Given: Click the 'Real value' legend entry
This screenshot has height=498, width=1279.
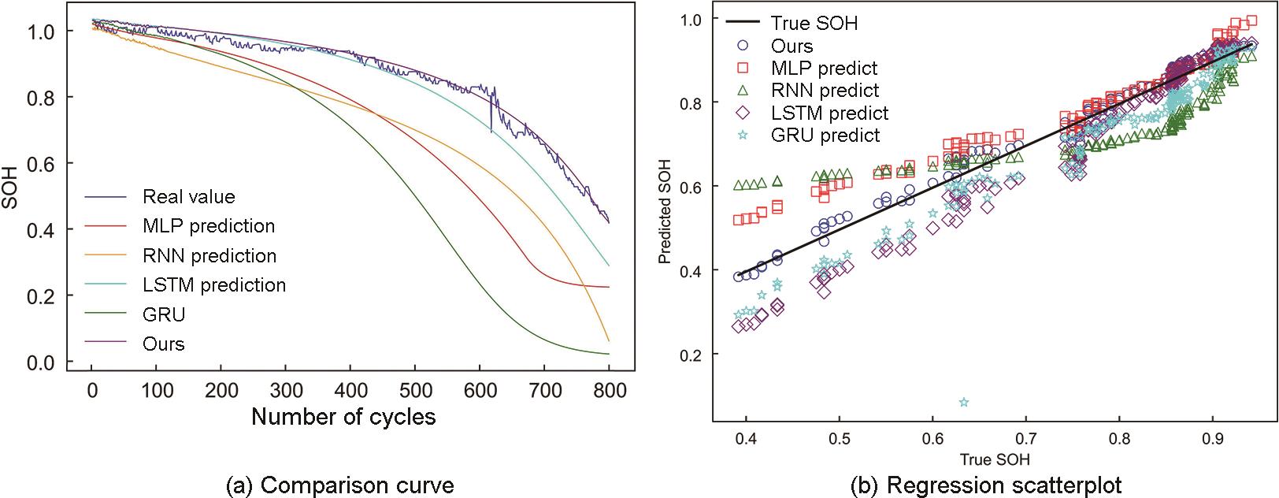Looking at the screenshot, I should click(x=188, y=196).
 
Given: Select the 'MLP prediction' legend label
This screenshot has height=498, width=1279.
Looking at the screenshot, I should click(x=209, y=226).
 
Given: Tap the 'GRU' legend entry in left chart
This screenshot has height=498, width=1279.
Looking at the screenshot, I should click(x=164, y=314).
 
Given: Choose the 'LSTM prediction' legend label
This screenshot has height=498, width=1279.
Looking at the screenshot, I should click(x=214, y=284).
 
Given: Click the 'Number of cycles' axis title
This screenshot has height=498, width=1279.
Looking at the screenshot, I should click(x=343, y=416).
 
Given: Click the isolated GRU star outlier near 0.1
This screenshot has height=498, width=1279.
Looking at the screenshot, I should click(x=964, y=403).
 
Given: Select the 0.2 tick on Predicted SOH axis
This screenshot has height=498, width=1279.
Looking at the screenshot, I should click(x=692, y=354).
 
